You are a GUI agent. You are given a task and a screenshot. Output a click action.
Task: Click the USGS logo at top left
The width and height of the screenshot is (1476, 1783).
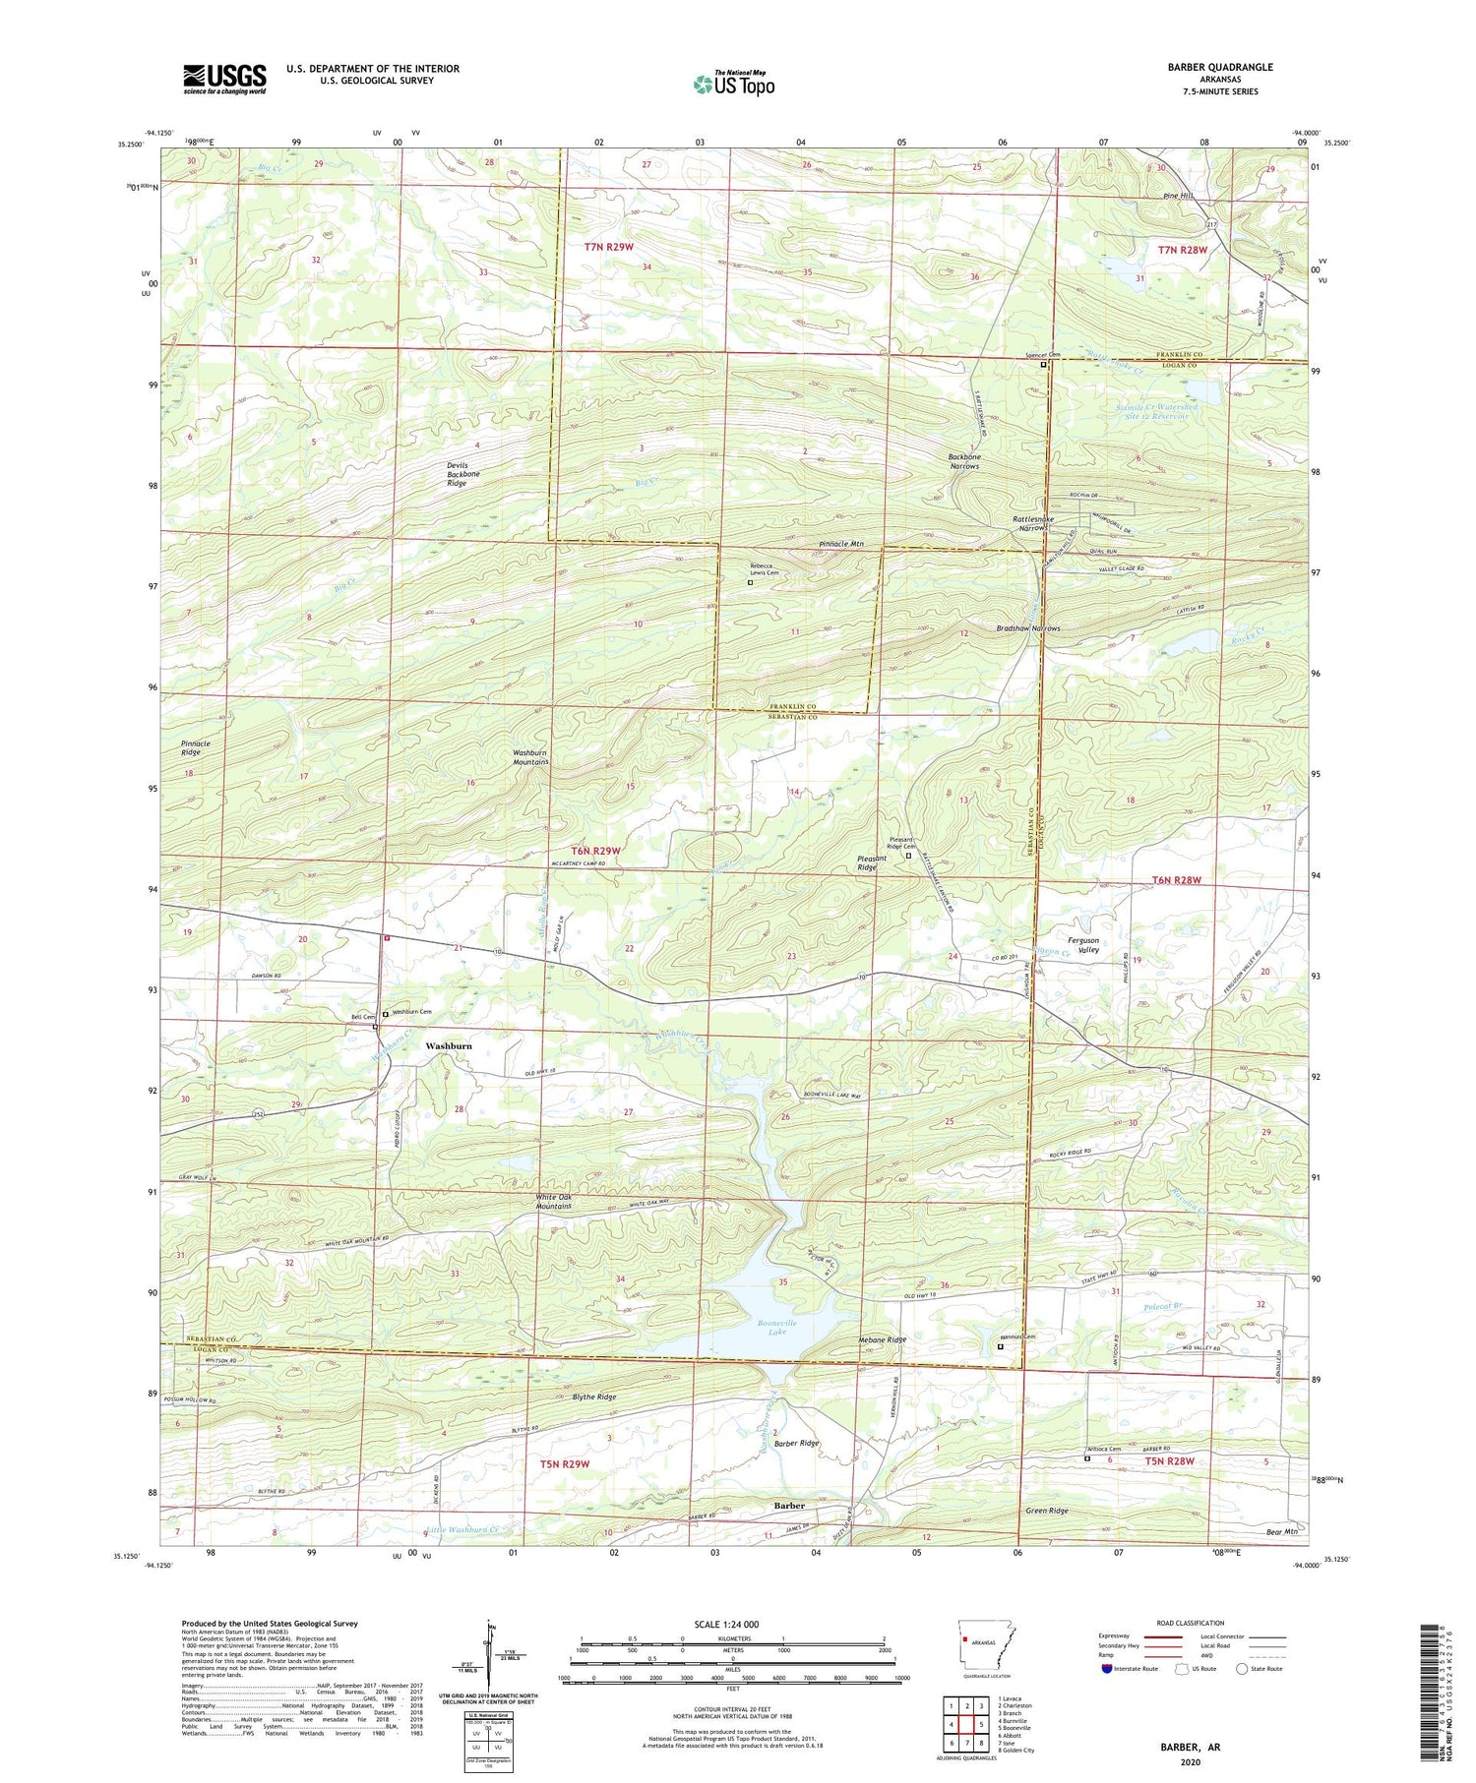pyautogui.click(x=223, y=79)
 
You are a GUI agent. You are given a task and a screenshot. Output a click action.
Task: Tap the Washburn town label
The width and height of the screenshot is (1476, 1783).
pyautogui.click(x=448, y=1045)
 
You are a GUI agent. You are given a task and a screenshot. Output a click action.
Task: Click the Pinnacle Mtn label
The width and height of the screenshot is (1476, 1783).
pyautogui.click(x=840, y=544)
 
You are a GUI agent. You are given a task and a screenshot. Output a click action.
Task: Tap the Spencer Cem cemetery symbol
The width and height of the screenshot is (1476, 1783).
pyautogui.click(x=1044, y=364)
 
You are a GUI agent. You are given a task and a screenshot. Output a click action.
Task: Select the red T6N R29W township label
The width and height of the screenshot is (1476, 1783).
pyautogui.click(x=595, y=850)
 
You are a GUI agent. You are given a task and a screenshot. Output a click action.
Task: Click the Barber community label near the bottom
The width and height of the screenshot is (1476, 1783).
pyautogui.click(x=788, y=1506)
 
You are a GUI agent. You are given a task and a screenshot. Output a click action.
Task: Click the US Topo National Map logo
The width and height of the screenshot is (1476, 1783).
pyautogui.click(x=733, y=84)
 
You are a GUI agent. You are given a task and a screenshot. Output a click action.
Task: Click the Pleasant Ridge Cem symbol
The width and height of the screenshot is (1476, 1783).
pyautogui.click(x=908, y=856)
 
